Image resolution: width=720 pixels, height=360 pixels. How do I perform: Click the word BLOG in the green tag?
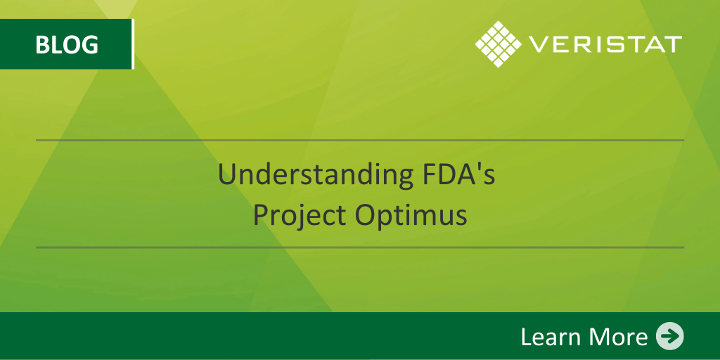[66, 44]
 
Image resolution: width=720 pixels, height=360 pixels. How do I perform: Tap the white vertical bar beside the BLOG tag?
[132, 44]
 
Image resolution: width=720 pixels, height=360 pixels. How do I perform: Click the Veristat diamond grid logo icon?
[498, 44]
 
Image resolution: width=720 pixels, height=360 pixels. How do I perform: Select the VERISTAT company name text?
[605, 44]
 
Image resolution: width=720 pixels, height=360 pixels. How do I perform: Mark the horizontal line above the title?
[360, 140]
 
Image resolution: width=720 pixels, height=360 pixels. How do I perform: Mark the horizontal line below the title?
[360, 247]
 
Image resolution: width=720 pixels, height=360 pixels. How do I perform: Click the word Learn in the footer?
[549, 337]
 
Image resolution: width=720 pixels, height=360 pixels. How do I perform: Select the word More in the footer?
[616, 337]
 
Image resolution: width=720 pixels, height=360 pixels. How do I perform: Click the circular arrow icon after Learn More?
[669, 336]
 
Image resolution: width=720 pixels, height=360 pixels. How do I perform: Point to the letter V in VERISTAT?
[537, 44]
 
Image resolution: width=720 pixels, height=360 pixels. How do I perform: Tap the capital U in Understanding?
[226, 174]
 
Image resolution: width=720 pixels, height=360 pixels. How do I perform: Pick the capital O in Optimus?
[366, 214]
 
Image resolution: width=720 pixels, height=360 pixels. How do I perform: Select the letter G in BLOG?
[89, 44]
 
